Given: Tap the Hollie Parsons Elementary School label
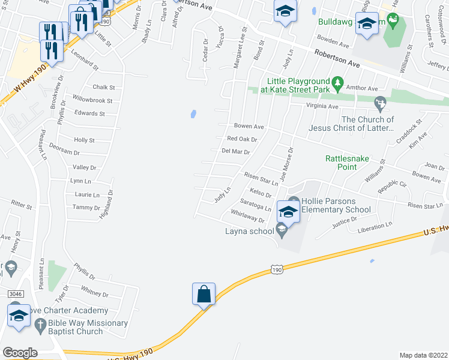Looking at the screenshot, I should (x=337, y=205).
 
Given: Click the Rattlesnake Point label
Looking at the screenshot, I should (x=347, y=163).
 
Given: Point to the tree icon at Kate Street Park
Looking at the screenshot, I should (x=338, y=82).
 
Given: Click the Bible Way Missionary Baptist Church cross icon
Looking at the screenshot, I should (x=40, y=326).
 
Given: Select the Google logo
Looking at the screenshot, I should (x=20, y=353).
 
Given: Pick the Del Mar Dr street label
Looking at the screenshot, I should (x=235, y=151).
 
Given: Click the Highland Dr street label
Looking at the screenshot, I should (x=110, y=204).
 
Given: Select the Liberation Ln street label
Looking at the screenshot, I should (x=374, y=227).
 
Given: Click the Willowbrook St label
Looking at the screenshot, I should (x=92, y=100).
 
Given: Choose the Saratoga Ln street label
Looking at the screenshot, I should (x=255, y=204).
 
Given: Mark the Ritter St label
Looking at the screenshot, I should (x=21, y=206).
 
